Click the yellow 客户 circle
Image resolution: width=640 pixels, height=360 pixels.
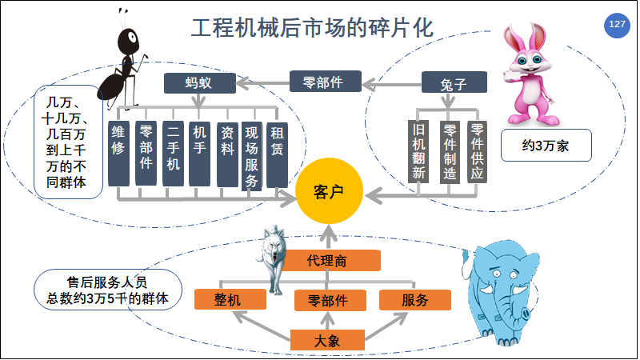(326, 192)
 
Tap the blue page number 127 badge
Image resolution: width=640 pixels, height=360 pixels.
(617, 25)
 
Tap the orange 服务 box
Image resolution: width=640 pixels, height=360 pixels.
(415, 299)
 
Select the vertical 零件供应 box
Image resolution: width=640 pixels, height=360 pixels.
(478, 150)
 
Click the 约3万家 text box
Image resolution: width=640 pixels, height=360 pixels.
(546, 146)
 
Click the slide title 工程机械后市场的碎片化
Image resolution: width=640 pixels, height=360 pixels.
(313, 29)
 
